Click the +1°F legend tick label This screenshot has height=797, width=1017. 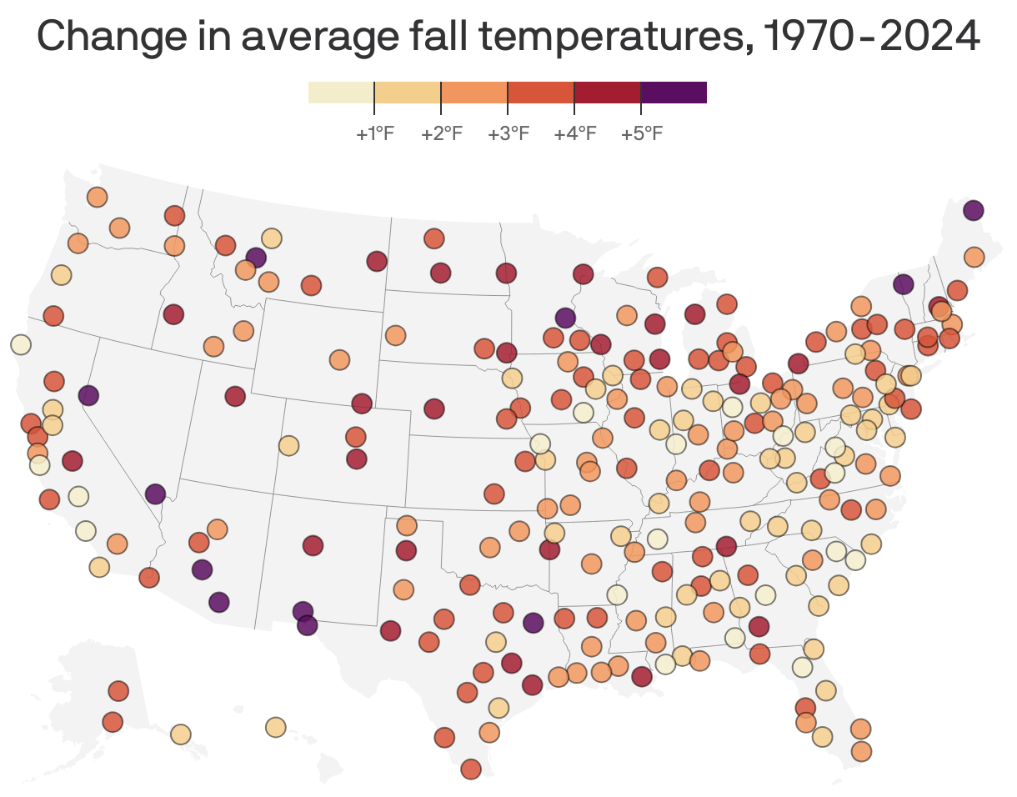(374, 133)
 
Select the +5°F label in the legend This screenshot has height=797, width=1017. (641, 133)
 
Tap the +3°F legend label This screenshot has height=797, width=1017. (508, 133)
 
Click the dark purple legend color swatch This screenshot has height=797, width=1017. (674, 93)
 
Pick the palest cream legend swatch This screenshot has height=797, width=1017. (341, 93)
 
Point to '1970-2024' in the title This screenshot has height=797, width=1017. (871, 36)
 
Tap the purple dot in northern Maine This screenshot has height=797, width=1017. (973, 210)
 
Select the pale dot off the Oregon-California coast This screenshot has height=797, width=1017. (21, 344)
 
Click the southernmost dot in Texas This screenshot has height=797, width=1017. (471, 769)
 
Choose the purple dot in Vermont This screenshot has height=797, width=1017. (903, 284)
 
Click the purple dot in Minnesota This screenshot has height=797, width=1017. (565, 318)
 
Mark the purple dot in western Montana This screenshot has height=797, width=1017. (256, 258)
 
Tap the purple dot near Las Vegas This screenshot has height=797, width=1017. (155, 494)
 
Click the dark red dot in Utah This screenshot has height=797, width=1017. (235, 396)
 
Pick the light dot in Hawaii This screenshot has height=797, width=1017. (276, 727)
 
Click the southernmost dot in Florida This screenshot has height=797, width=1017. (861, 751)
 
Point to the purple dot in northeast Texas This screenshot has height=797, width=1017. (534, 622)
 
